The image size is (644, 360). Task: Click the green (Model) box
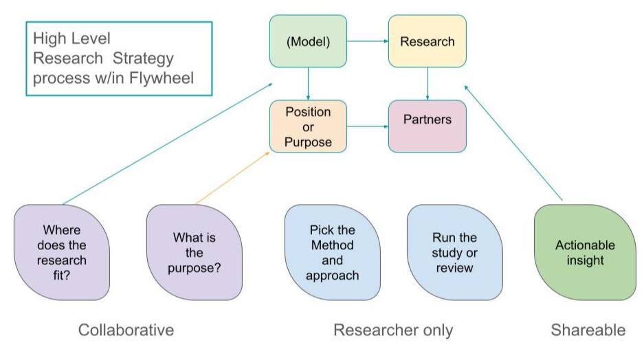click(308, 41)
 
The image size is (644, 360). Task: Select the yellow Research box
click(427, 41)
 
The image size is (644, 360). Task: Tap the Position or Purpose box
click(308, 126)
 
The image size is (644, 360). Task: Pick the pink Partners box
click(427, 126)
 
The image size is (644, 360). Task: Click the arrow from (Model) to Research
click(367, 41)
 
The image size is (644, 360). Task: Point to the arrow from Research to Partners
click(428, 83)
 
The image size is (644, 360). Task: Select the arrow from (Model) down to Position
click(308, 83)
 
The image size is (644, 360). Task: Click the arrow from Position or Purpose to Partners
click(367, 126)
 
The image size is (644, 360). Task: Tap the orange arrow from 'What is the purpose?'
click(232, 178)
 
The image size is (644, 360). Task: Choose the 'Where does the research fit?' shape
click(61, 251)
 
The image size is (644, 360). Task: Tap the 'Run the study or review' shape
click(454, 251)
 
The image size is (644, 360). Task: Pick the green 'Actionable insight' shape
click(585, 251)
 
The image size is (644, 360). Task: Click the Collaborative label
click(126, 330)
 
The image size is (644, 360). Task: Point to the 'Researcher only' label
click(393, 330)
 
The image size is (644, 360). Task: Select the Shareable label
click(588, 330)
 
